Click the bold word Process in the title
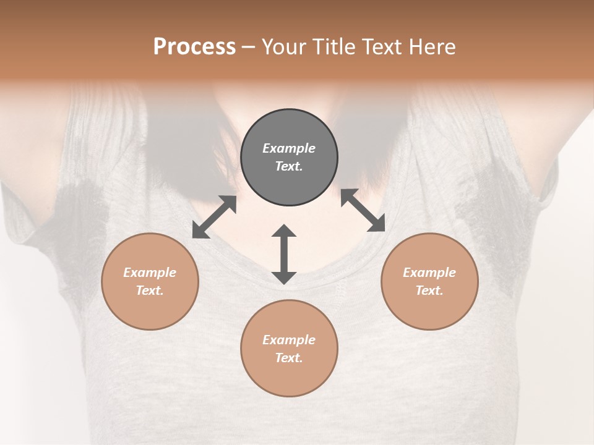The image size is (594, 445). [x=194, y=47]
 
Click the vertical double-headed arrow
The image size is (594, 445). [x=284, y=254]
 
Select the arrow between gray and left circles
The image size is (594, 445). [x=214, y=217]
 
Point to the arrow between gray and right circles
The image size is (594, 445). [x=363, y=210]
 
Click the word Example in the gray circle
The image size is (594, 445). [x=289, y=148]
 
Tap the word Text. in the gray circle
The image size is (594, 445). [x=289, y=166]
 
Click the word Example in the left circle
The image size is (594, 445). [x=150, y=273]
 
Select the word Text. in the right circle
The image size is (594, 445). [x=429, y=290]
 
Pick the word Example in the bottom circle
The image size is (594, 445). [x=289, y=340]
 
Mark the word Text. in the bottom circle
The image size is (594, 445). [x=289, y=358]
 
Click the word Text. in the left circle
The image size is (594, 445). [x=150, y=290]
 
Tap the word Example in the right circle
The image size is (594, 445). [x=429, y=273]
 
